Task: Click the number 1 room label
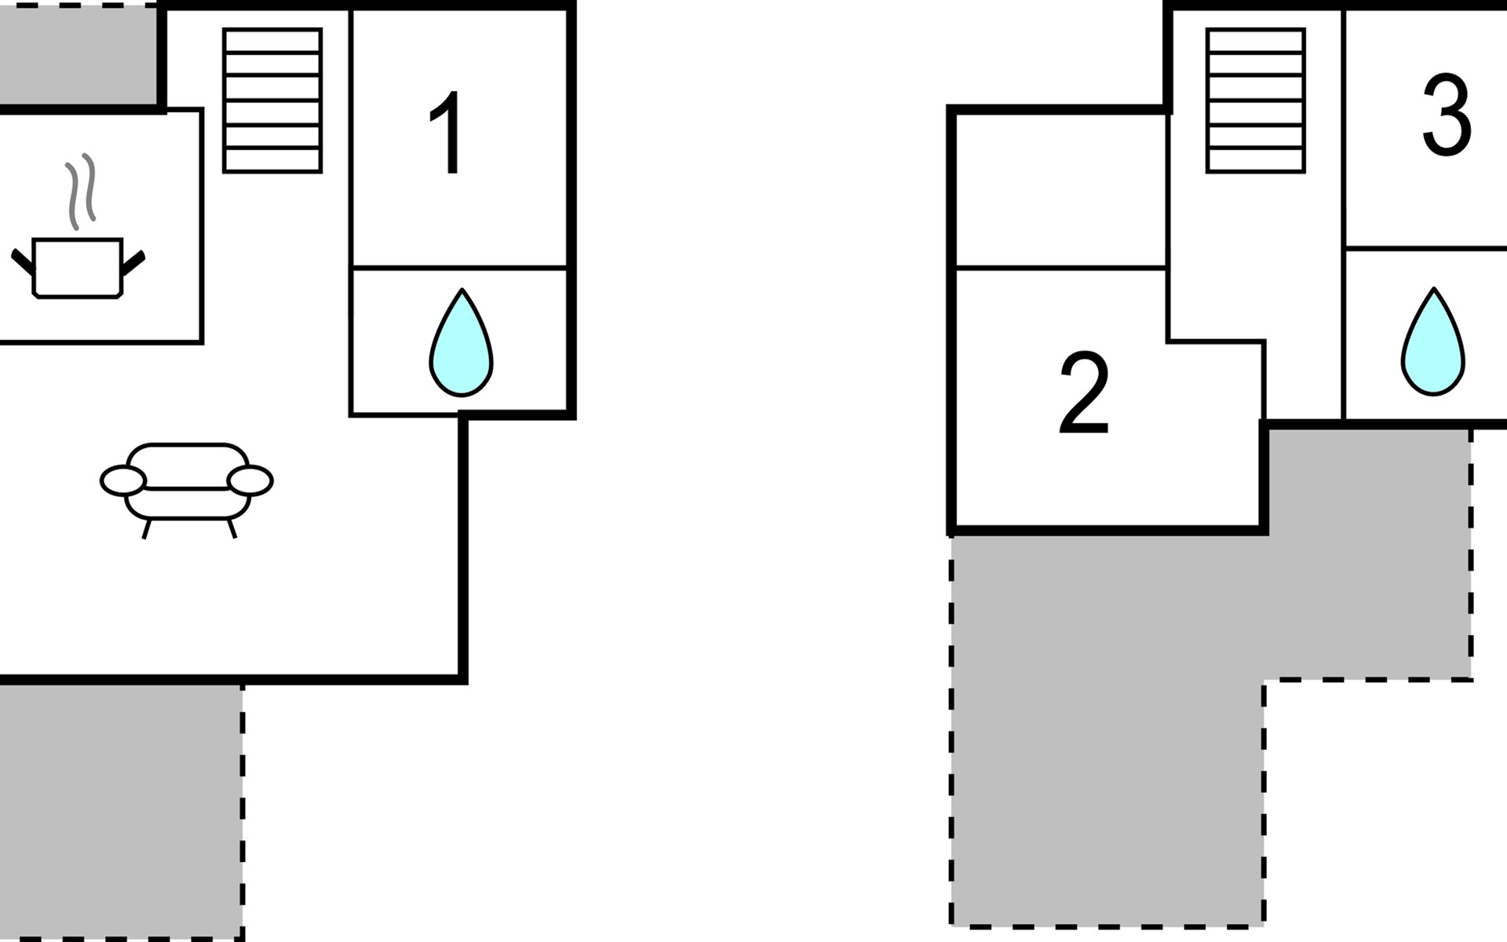(448, 133)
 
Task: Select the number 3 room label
(1446, 116)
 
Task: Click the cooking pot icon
(77, 267)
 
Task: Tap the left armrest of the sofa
(123, 481)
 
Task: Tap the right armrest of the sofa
(250, 480)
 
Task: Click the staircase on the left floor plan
(272, 100)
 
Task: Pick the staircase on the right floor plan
(1255, 100)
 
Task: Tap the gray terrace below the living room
(118, 809)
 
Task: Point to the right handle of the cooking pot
(133, 262)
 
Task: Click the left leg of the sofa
(146, 528)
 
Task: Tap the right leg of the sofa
(232, 528)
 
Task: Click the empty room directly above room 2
(1060, 188)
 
